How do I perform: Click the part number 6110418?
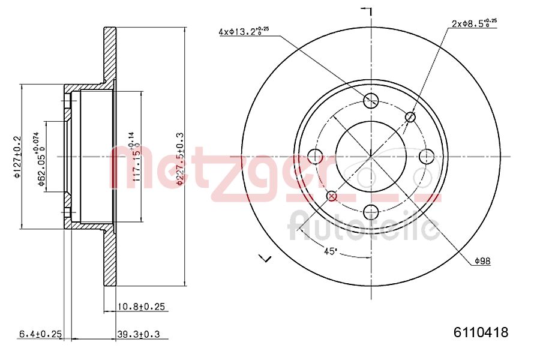click(x=481, y=332)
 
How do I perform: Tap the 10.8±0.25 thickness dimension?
click(x=140, y=307)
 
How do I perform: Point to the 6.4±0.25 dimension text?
click(x=41, y=334)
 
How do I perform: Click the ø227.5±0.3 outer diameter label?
click(x=180, y=159)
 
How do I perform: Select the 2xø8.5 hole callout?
click(x=473, y=24)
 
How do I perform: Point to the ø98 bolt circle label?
click(x=482, y=261)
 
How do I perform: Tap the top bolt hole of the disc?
click(x=371, y=100)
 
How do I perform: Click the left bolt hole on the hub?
click(x=315, y=157)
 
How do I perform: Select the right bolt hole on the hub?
click(x=427, y=157)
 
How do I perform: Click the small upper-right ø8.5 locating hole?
click(x=411, y=116)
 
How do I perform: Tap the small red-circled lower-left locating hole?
click(x=331, y=196)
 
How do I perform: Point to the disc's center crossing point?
click(x=371, y=157)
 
